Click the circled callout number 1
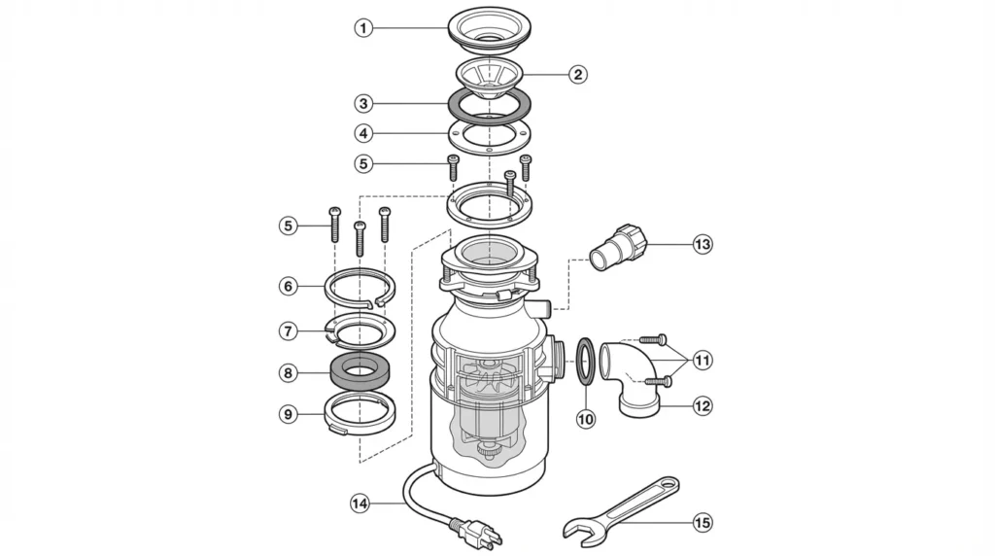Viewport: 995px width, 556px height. click(x=363, y=28)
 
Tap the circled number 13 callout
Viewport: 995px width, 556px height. click(x=702, y=244)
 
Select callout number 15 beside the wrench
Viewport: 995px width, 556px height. click(x=702, y=523)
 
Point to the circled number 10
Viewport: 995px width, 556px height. click(x=585, y=419)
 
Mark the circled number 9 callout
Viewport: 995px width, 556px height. click(x=288, y=414)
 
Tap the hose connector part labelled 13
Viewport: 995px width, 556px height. click(x=620, y=250)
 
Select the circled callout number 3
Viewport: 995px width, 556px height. click(x=363, y=102)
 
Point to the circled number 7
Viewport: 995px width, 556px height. click(x=288, y=330)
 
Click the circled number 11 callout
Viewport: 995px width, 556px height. click(x=702, y=361)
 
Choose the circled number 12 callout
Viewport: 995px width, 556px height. click(x=702, y=406)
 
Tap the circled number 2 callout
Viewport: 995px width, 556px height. click(x=577, y=74)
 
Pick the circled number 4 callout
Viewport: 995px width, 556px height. click(x=363, y=133)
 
